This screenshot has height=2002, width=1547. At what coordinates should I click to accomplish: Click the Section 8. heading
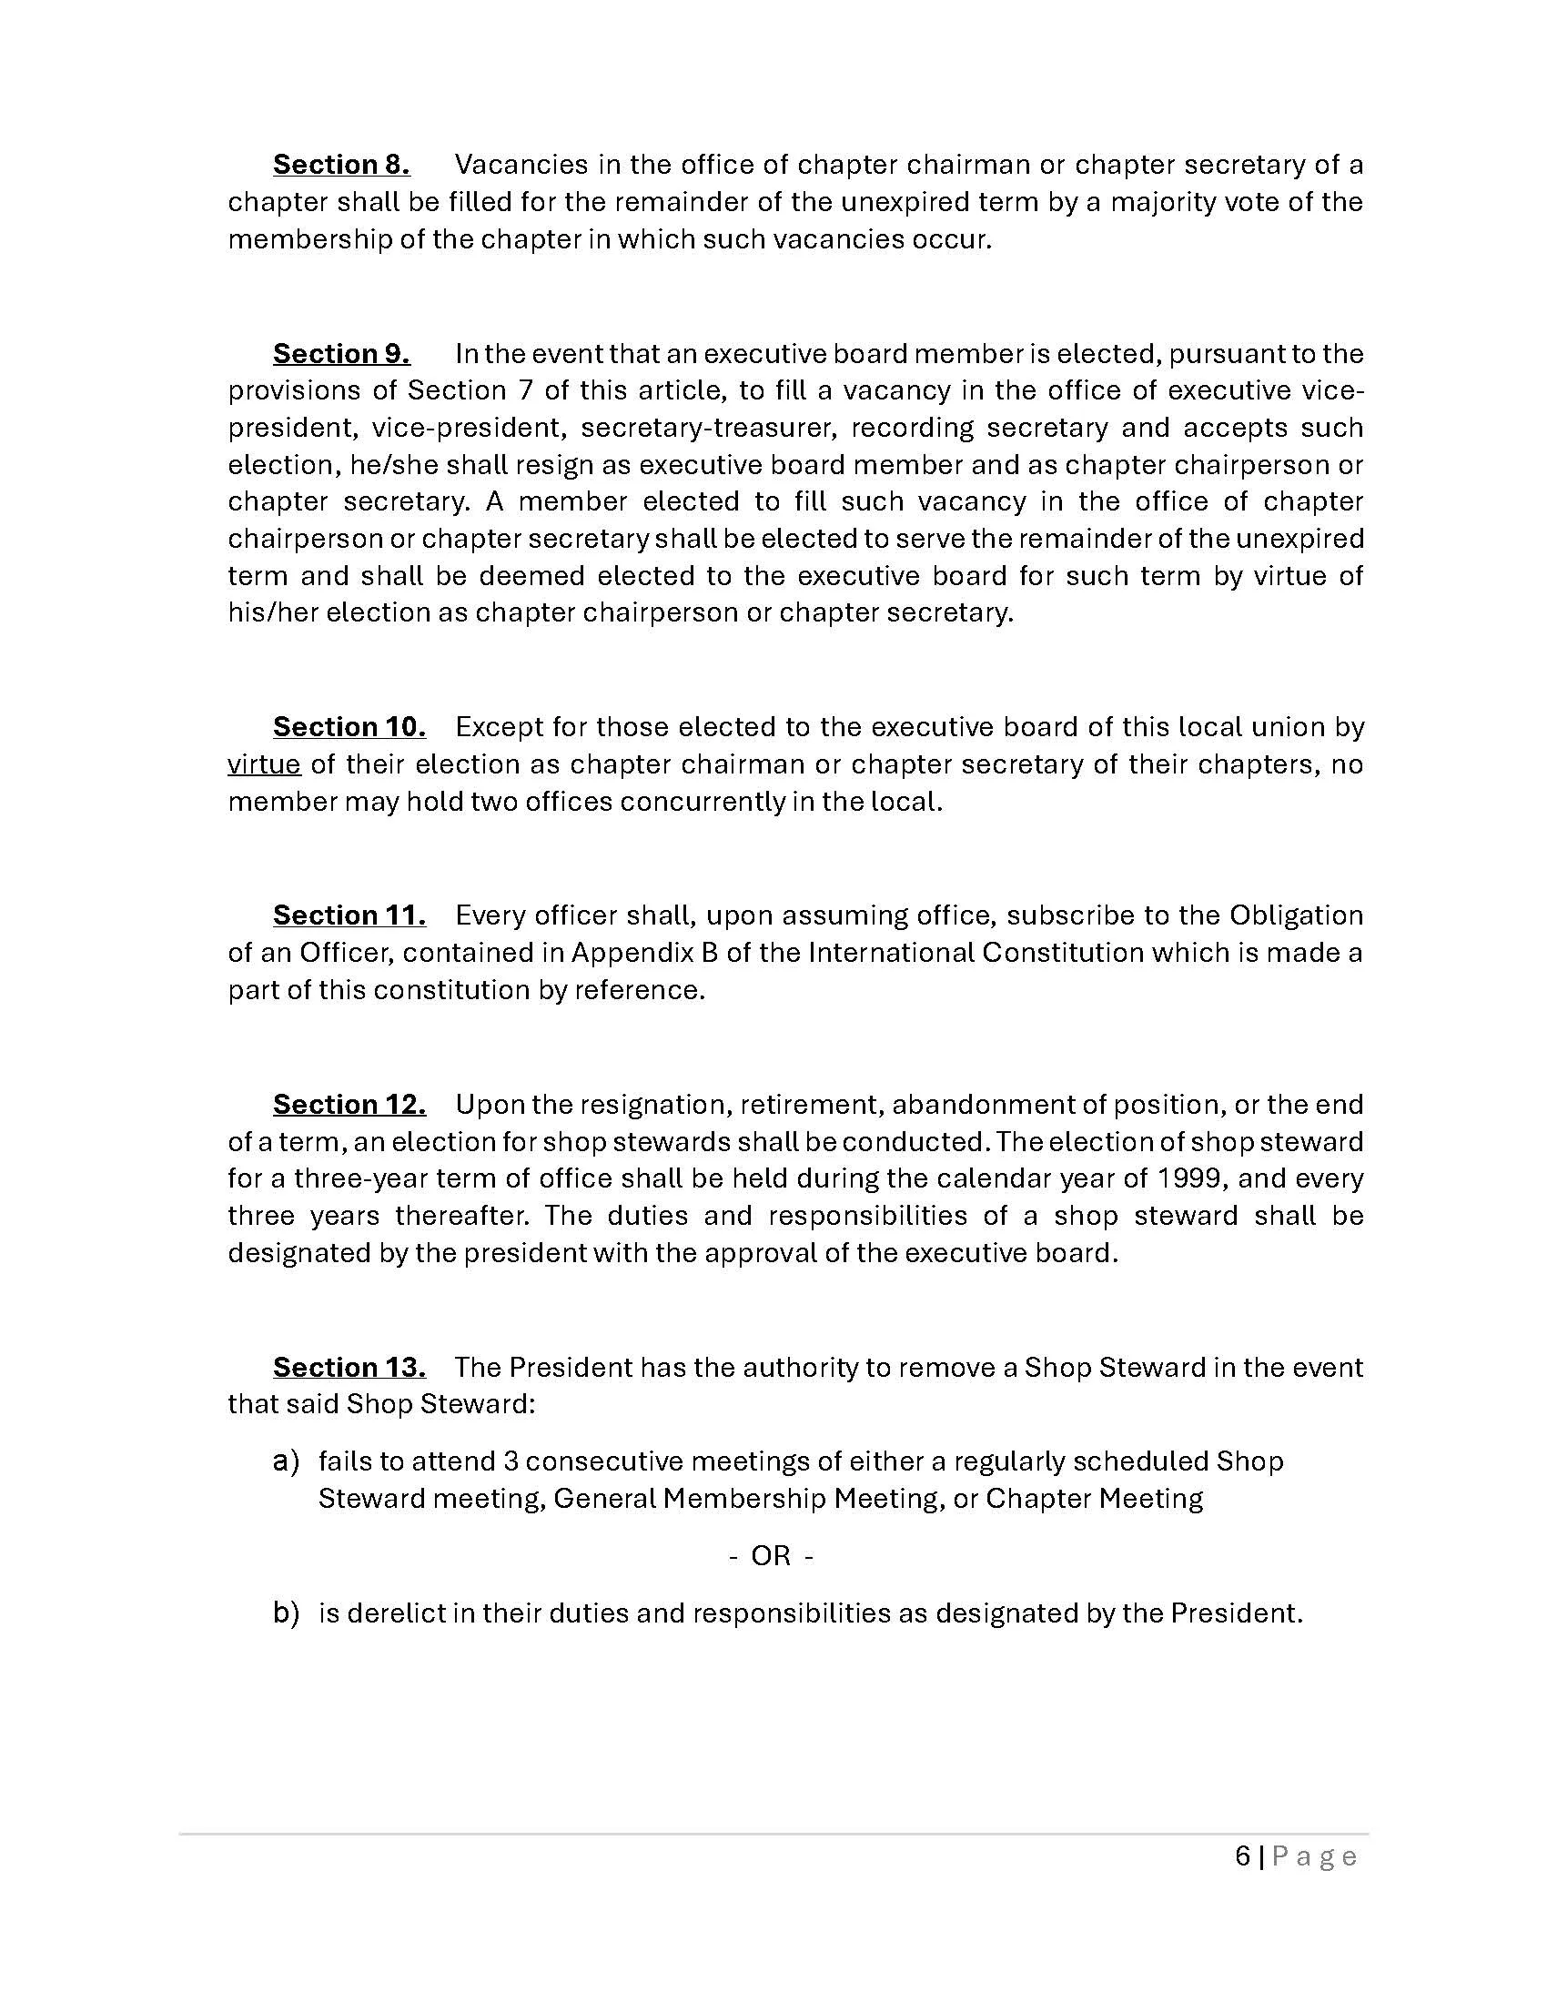[x=341, y=165]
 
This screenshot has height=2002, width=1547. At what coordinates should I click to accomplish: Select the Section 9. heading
[x=341, y=354]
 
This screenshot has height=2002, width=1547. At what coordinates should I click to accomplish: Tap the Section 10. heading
[x=349, y=727]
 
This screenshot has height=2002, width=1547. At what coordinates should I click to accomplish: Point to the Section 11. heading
[x=349, y=915]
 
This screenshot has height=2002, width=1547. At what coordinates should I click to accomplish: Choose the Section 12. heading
[x=349, y=1105]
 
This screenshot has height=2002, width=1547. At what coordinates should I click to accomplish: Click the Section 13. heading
[x=349, y=1368]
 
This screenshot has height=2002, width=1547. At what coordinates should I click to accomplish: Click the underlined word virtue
[x=264, y=764]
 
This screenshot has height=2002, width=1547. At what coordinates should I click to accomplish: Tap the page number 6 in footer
[x=1243, y=1856]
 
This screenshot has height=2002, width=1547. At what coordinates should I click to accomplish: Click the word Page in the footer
[x=1314, y=1856]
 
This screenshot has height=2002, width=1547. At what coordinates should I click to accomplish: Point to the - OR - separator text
[x=771, y=1556]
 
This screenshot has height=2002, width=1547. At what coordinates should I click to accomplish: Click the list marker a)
[x=286, y=1461]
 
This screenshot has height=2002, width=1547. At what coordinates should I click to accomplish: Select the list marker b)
[x=286, y=1613]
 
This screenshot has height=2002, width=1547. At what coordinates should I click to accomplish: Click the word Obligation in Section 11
[x=1296, y=915]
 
